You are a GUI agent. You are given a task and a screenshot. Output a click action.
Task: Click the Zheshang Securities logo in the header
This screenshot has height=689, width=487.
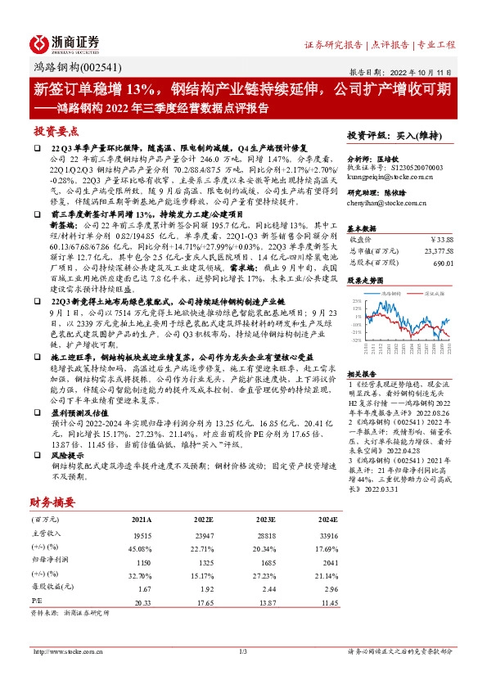point(65,42)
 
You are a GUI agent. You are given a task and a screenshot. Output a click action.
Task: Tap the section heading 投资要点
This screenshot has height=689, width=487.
point(56,131)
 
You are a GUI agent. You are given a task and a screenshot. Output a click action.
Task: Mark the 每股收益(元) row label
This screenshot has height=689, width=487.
point(50,588)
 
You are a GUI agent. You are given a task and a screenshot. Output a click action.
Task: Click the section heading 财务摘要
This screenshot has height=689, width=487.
point(53,501)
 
